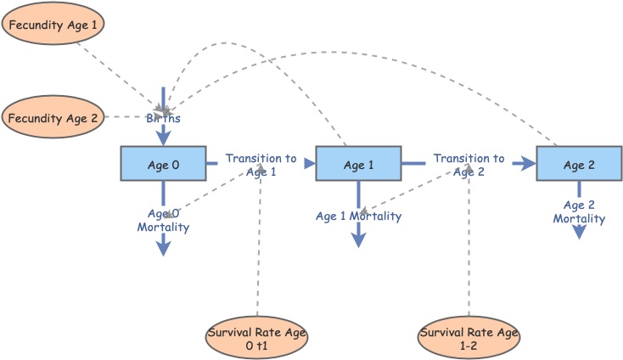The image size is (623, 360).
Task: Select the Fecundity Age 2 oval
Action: [53, 118]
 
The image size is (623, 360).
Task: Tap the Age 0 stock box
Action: [163, 164]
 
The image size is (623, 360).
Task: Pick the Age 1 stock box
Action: [358, 164]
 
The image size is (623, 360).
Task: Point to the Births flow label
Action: [163, 119]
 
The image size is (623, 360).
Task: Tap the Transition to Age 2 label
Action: [469, 165]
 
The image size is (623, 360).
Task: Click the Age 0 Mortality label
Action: [163, 221]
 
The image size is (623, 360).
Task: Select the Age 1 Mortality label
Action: [358, 217]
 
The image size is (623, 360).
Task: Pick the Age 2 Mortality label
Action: [579, 212]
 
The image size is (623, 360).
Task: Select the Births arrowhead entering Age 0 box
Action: [163, 138]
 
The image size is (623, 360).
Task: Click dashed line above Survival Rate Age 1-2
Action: [469, 255]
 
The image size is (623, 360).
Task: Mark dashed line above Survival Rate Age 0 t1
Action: [258, 255]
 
